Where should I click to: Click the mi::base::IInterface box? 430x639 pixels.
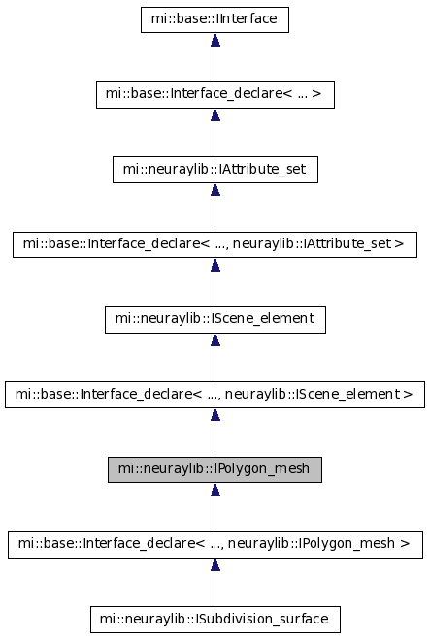click(215, 19)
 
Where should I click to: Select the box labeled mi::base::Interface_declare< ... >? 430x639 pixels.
click(215, 95)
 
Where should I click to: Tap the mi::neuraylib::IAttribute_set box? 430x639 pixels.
click(215, 170)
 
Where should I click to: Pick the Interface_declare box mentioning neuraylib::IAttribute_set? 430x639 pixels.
click(215, 244)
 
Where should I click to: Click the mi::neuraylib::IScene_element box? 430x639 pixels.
click(215, 320)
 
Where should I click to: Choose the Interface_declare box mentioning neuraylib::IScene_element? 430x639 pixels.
click(215, 395)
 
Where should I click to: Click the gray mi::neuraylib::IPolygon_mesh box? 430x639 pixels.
click(215, 470)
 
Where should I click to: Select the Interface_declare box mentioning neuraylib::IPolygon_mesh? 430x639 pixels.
click(215, 545)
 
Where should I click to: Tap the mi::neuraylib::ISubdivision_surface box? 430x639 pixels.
click(215, 620)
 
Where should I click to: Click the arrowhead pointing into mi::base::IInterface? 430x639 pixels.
click(215, 39)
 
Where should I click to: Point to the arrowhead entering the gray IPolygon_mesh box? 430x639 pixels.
click(215, 490)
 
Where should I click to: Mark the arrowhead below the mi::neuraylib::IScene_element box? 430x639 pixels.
click(215, 339)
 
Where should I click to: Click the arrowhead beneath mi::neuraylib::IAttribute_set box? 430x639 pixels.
click(215, 189)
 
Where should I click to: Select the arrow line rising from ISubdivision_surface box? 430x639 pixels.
click(215, 583)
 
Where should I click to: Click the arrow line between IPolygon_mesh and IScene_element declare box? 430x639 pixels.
click(215, 432)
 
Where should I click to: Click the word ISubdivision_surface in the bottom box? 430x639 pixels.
click(262, 619)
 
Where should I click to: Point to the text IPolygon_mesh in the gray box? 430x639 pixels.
click(261, 469)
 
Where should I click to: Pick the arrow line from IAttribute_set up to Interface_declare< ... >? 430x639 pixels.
click(215, 133)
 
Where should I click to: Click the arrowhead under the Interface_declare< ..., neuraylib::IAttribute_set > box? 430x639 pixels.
click(215, 265)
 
